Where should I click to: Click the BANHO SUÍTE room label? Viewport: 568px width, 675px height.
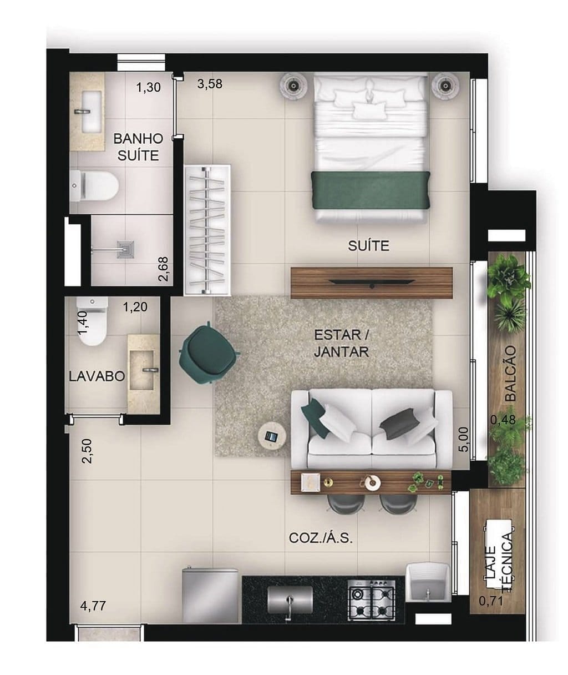point(138,147)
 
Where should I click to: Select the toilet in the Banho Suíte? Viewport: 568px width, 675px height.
point(95,185)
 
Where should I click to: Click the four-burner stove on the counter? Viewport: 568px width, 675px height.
point(371,601)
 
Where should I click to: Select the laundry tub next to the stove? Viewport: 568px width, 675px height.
point(427,582)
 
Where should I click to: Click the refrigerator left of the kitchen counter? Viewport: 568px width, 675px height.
point(210,595)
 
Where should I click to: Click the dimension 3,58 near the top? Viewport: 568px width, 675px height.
point(210,84)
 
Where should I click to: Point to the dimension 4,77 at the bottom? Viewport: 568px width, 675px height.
point(93,606)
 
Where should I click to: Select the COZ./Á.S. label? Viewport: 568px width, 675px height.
point(321,538)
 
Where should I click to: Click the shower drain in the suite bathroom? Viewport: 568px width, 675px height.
point(126,250)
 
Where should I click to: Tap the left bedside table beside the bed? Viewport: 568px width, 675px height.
point(293,85)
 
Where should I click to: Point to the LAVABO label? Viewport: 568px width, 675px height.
point(97,376)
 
